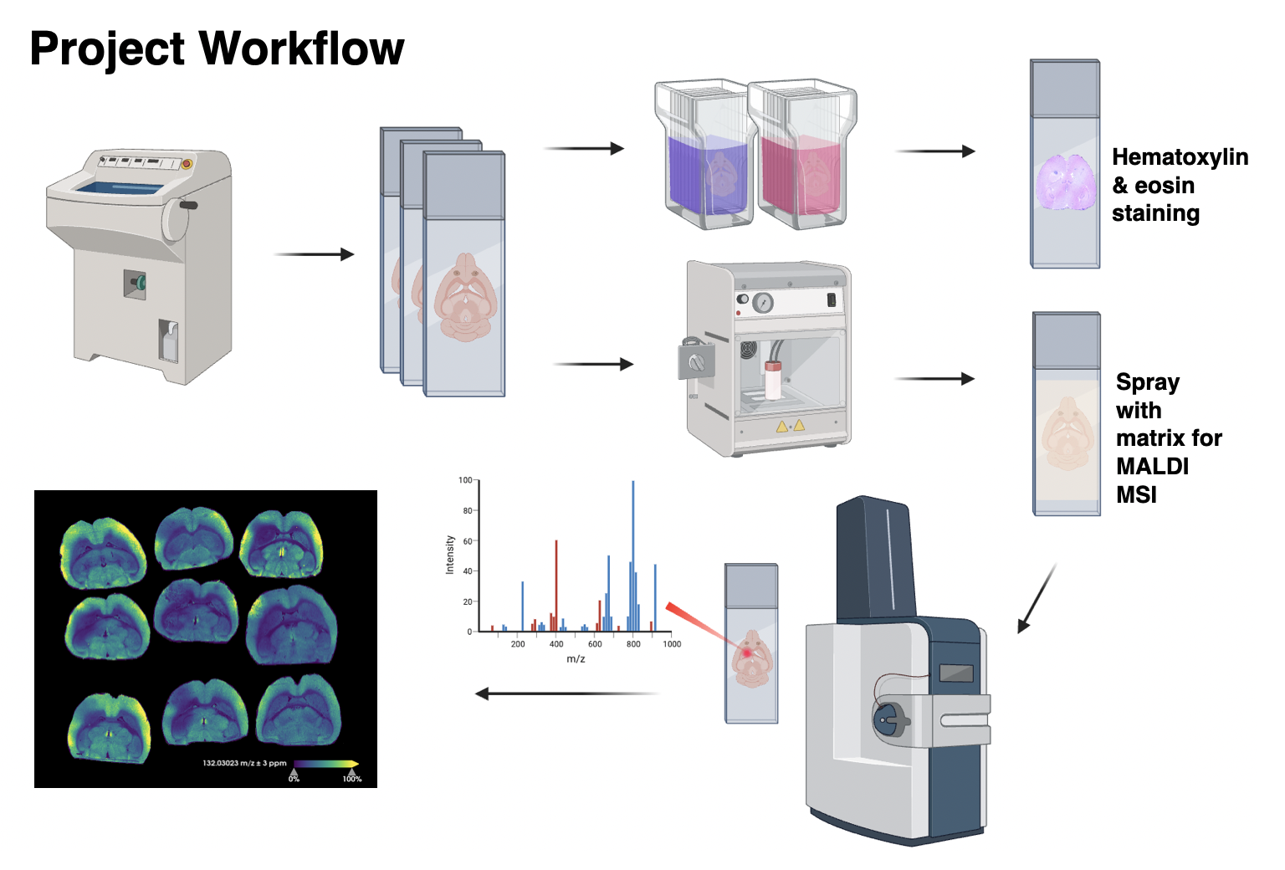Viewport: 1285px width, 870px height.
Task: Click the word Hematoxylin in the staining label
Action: (1180, 157)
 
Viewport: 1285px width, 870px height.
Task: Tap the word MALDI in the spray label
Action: (1152, 466)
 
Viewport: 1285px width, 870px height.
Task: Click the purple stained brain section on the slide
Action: (1065, 182)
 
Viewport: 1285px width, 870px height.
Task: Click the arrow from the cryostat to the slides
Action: (314, 254)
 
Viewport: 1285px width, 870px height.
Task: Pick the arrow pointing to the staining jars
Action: (584, 149)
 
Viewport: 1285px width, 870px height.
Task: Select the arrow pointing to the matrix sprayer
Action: (593, 364)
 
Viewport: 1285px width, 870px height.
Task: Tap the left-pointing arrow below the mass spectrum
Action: (566, 693)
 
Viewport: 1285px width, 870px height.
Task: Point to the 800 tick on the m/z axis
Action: (633, 644)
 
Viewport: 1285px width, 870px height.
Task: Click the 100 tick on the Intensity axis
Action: (465, 480)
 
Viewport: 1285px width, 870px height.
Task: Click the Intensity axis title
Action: (450, 555)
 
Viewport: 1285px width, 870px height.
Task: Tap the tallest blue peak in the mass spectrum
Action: (633, 552)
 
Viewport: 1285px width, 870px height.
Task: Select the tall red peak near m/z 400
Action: (556, 586)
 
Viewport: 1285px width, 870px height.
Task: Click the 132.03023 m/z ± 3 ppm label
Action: (244, 763)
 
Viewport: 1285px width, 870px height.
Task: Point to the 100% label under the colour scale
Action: (352, 779)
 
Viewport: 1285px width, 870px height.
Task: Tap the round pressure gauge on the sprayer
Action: (762, 302)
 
